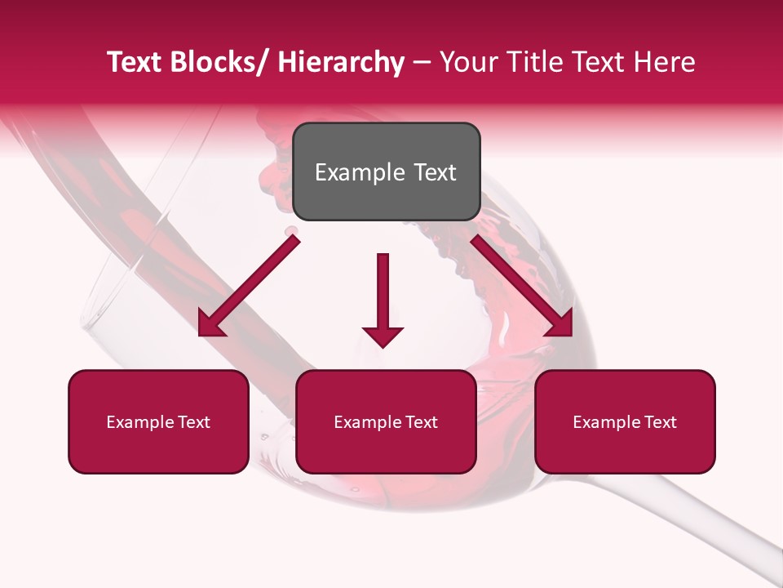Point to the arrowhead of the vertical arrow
383,336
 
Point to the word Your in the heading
468,63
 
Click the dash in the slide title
422,63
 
